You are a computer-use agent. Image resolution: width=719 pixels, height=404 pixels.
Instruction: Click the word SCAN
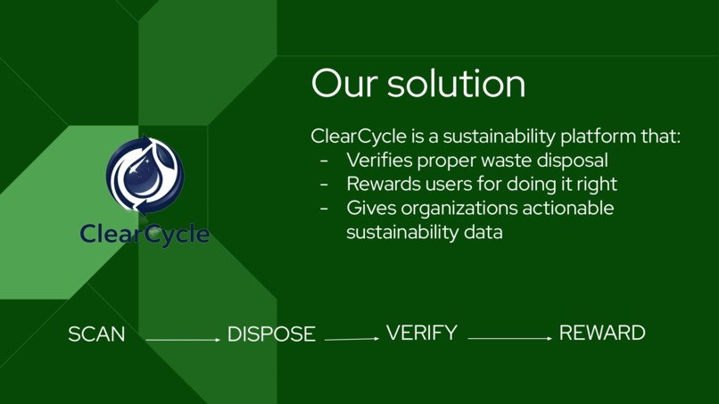pyautogui.click(x=96, y=334)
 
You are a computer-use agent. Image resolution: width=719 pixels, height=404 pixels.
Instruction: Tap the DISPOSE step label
pyautogui.click(x=271, y=334)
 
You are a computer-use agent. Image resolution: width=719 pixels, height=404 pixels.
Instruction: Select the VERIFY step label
pyautogui.click(x=421, y=334)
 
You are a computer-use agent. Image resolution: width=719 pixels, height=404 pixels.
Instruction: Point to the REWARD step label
pyautogui.click(x=602, y=334)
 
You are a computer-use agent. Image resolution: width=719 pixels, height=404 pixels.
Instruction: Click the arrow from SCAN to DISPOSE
pyautogui.click(x=182, y=340)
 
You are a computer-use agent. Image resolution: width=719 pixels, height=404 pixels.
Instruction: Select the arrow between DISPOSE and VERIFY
pyautogui.click(x=351, y=339)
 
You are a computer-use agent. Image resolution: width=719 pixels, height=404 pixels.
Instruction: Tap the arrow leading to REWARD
pyautogui.click(x=509, y=339)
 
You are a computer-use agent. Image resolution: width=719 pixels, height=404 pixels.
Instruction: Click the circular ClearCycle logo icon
pyautogui.click(x=145, y=176)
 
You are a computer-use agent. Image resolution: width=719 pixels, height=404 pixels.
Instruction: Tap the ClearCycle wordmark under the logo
pyautogui.click(x=145, y=235)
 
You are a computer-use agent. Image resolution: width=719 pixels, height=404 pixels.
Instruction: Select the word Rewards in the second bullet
pyautogui.click(x=381, y=185)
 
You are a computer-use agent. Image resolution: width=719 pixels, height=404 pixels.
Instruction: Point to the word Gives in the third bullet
pyautogui.click(x=368, y=209)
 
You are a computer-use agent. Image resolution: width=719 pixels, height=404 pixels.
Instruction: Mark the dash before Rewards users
pyautogui.click(x=324, y=185)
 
